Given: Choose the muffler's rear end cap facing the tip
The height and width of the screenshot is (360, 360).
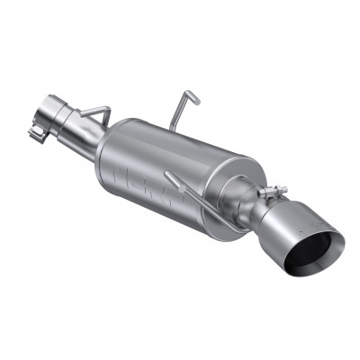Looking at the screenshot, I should coord(225,189).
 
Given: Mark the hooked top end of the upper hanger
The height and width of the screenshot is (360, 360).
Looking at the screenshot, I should coord(188,93).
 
